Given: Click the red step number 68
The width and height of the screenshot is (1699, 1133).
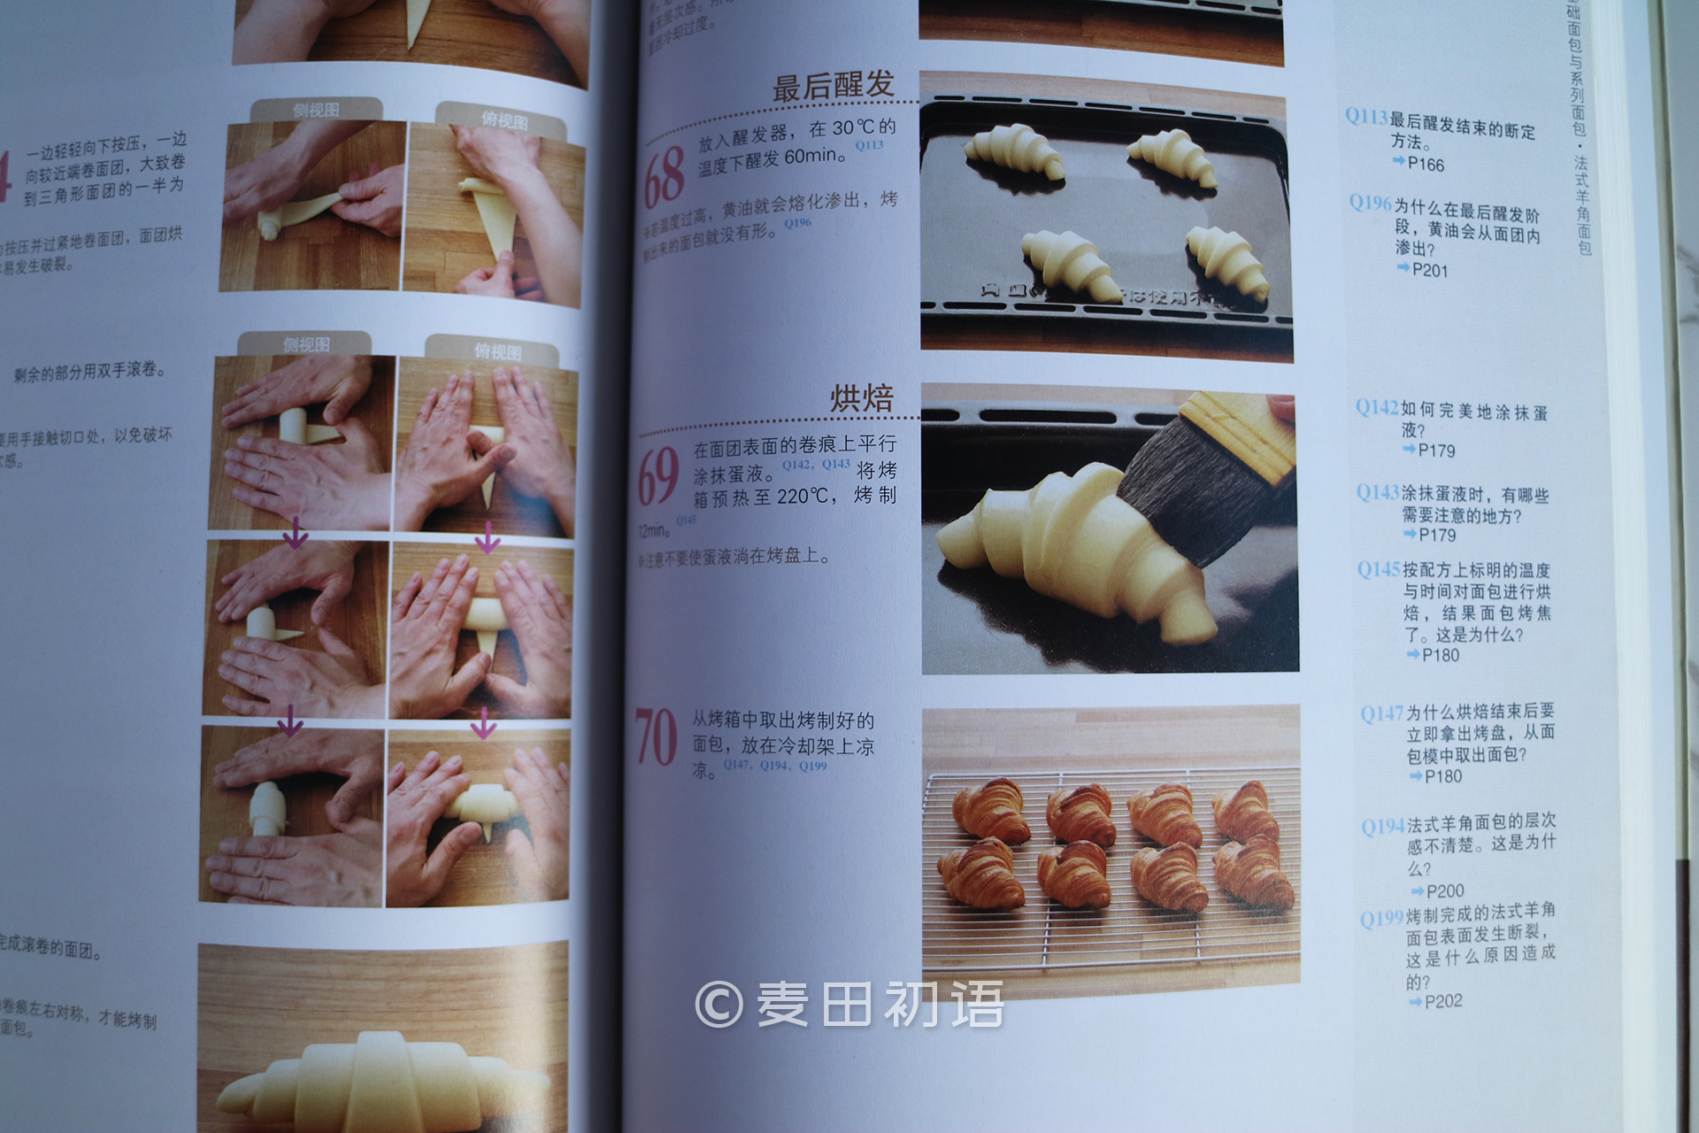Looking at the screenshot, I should click(x=665, y=173).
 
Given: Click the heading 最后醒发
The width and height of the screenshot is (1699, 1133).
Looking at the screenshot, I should click(x=833, y=86).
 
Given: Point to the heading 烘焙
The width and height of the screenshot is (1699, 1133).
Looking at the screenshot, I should click(x=861, y=398).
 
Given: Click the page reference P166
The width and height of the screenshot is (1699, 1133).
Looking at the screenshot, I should click(x=1425, y=165).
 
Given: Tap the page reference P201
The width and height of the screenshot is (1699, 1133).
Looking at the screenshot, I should click(x=1429, y=270).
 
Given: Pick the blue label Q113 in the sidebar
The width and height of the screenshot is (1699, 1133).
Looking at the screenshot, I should click(x=1365, y=116).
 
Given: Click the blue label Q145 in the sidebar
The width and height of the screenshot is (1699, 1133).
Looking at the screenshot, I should click(x=1379, y=569).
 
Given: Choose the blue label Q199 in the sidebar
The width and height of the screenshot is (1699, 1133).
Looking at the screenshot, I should click(x=1382, y=918).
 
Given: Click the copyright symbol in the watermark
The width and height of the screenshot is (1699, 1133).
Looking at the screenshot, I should click(x=719, y=1004).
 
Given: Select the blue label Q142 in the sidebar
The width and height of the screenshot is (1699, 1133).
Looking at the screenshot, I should click(x=1377, y=407).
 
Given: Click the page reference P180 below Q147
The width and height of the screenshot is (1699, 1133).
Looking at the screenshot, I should click(x=1442, y=776).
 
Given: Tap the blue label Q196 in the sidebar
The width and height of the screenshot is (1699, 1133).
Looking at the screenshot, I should click(x=1370, y=203).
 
